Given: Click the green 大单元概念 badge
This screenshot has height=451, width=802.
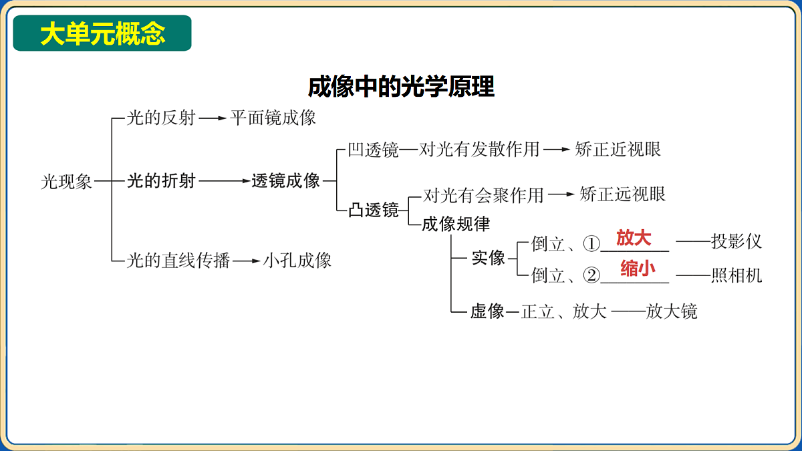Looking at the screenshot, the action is (102, 33).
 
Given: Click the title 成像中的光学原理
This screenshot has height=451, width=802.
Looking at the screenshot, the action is (401, 87).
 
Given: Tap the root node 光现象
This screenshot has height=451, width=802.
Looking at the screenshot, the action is (66, 182).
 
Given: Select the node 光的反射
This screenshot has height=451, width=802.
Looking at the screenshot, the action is (161, 118).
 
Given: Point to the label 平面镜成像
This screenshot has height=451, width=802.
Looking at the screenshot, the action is (273, 118).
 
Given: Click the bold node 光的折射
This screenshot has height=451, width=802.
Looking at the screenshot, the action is (161, 181).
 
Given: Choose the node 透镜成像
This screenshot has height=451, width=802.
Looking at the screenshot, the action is (285, 181).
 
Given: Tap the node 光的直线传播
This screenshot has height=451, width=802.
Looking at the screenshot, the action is (178, 260).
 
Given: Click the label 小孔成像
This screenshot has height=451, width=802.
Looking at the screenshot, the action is (297, 260).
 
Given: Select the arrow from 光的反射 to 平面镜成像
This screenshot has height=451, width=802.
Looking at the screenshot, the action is (213, 118).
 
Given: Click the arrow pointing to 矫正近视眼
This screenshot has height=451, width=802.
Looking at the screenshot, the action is (557, 149).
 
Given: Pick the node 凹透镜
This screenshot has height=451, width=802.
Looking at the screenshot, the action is (374, 150).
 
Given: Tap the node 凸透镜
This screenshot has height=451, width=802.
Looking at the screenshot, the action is (374, 210).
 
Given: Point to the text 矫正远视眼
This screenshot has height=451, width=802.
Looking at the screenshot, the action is (622, 194).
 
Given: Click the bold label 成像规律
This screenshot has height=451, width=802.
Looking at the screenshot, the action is (456, 224).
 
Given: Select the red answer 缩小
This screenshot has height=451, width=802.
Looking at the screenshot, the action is (638, 269).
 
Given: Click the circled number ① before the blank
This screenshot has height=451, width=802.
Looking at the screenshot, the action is (591, 244).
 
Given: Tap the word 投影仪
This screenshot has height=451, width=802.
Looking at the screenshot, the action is (736, 241).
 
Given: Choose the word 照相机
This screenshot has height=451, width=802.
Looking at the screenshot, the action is (736, 275).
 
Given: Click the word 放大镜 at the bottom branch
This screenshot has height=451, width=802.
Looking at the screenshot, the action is (671, 311).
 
